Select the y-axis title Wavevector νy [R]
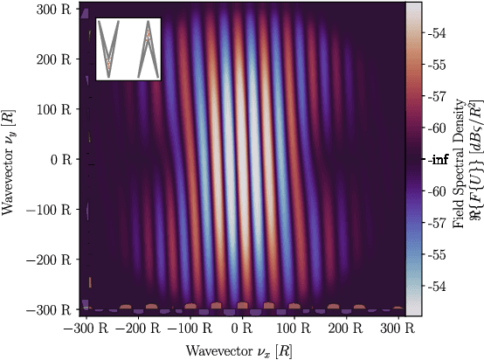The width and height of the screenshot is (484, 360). tap(11, 160)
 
